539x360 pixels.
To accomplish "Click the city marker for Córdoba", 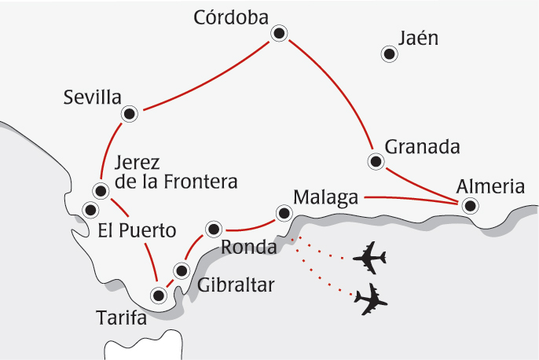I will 279,33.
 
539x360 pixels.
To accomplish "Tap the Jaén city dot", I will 388,54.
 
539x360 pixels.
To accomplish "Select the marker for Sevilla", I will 130,114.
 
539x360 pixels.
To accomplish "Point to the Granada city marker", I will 376,162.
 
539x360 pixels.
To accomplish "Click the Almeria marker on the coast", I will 470,206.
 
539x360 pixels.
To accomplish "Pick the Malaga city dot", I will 283,212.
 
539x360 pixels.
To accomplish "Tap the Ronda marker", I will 212,230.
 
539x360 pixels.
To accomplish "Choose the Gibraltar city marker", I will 181,271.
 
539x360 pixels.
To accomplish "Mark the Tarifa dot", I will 159,296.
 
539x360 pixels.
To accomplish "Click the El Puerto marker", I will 90,209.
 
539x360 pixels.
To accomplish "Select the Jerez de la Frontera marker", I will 101,190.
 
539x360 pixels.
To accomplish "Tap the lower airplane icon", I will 372,299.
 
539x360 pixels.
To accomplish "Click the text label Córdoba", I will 231,17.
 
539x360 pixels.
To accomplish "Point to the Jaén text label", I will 417,38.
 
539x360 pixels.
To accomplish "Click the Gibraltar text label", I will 236,285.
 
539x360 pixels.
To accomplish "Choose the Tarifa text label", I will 123,318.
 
